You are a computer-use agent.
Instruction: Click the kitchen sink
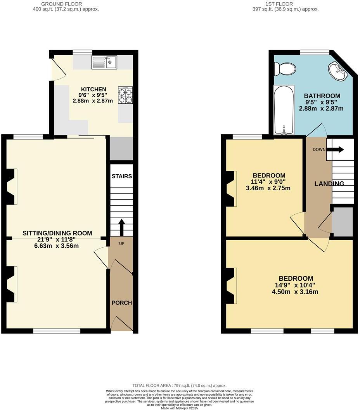pyautogui.click(x=104, y=62)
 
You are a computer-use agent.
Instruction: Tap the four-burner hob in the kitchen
pyautogui.click(x=125, y=96)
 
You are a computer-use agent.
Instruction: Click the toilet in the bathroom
pyautogui.click(x=284, y=69)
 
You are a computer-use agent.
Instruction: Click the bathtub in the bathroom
pyautogui.click(x=284, y=110)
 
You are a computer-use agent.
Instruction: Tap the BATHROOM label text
pyautogui.click(x=322, y=96)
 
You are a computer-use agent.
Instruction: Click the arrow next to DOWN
pyautogui.click(x=337, y=149)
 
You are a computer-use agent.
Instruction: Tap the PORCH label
pyautogui.click(x=122, y=303)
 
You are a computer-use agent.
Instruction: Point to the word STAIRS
pyautogui.click(x=122, y=176)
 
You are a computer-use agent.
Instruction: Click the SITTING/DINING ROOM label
pyautogui.click(x=57, y=233)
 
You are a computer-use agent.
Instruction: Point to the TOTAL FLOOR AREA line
pyautogui.click(x=180, y=385)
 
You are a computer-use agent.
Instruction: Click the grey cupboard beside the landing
pyautogui.click(x=343, y=222)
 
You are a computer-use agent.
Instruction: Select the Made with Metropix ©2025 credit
pyautogui.click(x=180, y=408)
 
